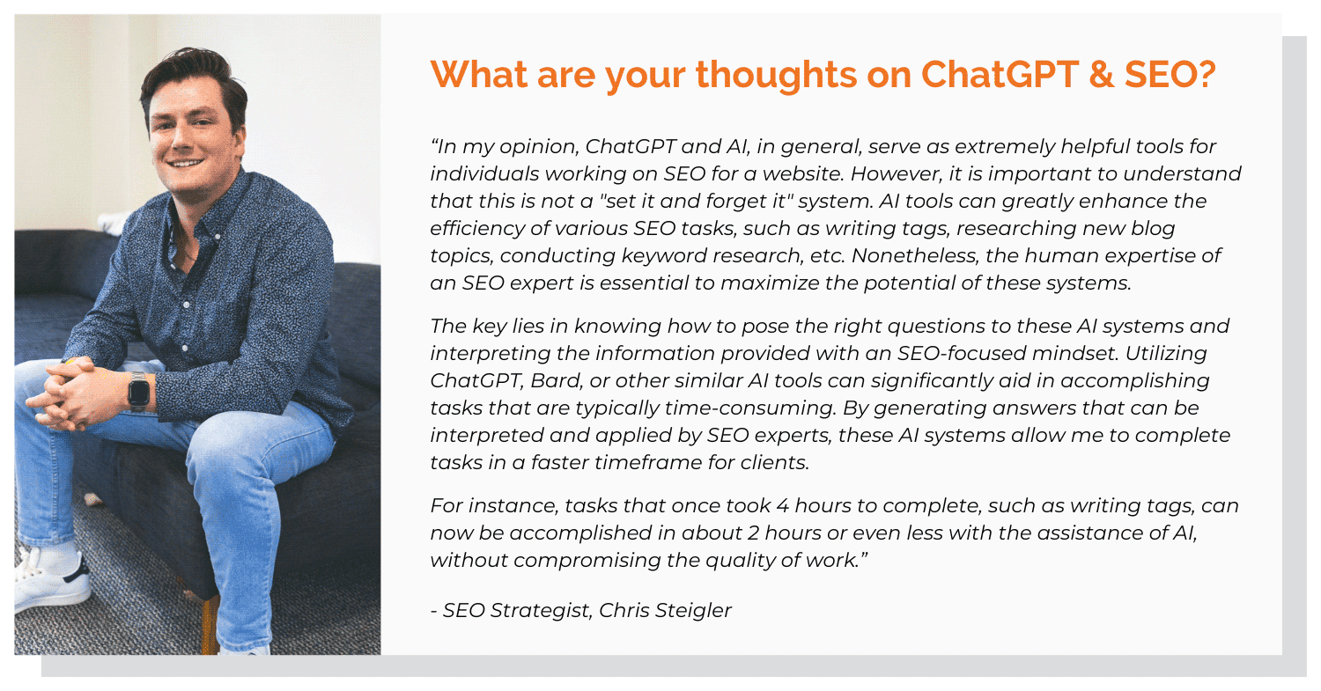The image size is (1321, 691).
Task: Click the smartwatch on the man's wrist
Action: click(137, 390)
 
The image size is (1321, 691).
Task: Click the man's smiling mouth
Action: click(186, 162)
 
